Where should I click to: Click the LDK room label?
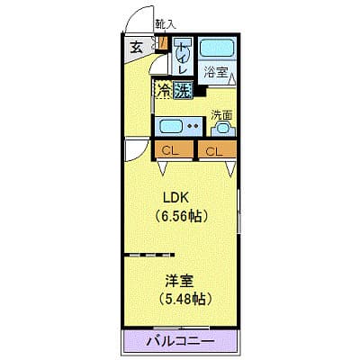click(175, 198)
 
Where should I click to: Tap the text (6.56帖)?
click(181, 216)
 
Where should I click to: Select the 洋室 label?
click(179, 281)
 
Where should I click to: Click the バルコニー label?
click(181, 342)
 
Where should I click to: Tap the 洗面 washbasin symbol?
click(223, 129)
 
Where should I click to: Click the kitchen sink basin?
click(170, 126)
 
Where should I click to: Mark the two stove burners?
click(193, 126)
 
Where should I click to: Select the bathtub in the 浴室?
click(217, 48)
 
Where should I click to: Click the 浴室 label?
click(216, 72)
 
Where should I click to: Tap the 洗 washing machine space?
click(183, 90)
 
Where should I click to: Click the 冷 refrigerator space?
click(164, 90)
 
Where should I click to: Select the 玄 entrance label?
click(136, 48)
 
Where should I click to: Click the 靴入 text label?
click(165, 24)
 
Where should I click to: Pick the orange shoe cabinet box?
click(163, 43)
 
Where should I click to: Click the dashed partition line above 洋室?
click(149, 255)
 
